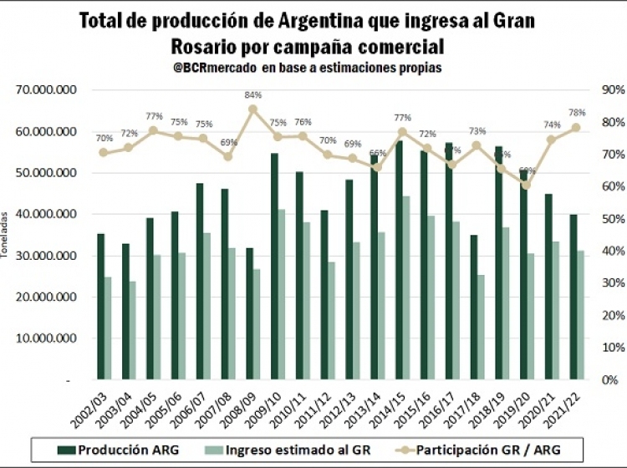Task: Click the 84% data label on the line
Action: point(253,94)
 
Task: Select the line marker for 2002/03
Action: point(104,152)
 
